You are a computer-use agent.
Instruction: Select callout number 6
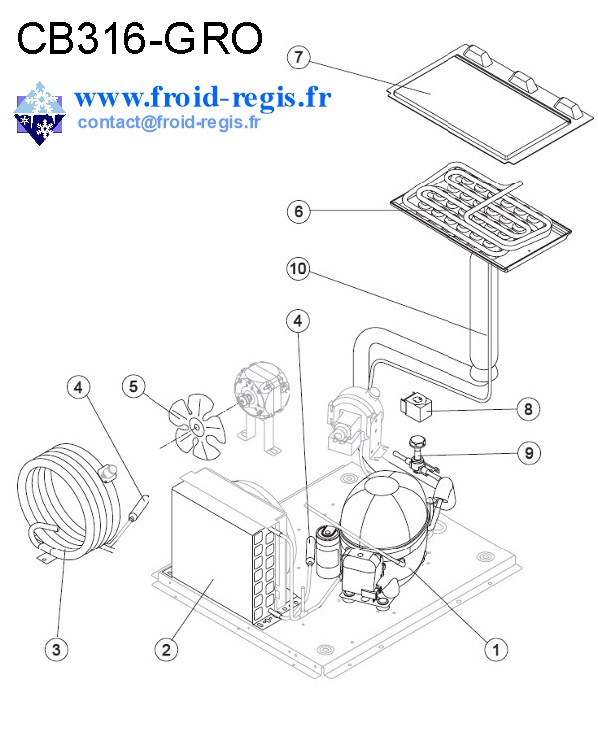(x=298, y=211)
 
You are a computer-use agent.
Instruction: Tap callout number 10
(x=298, y=268)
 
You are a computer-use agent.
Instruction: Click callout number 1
(x=492, y=648)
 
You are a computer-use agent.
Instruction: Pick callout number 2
(x=167, y=649)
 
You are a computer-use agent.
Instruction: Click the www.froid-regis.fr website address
(x=201, y=97)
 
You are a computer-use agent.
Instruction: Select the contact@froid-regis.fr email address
(x=167, y=123)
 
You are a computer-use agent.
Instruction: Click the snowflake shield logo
(x=38, y=111)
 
